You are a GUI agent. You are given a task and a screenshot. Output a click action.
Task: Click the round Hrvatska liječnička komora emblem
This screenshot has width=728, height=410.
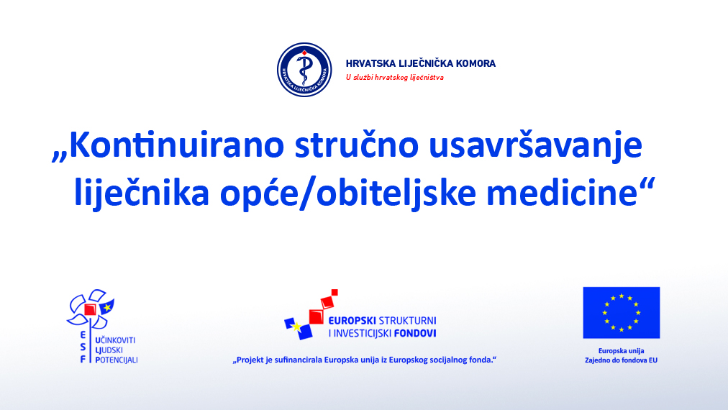click(x=304, y=70)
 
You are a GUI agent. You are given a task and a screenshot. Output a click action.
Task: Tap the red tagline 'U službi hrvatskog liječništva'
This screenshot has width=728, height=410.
click(x=395, y=78)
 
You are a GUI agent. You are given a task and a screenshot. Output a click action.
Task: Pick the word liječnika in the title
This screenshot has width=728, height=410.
click(x=142, y=193)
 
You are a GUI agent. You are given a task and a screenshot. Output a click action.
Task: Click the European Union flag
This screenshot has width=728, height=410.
click(x=622, y=312)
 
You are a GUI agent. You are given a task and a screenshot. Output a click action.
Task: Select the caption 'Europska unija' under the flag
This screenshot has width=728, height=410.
click(x=622, y=351)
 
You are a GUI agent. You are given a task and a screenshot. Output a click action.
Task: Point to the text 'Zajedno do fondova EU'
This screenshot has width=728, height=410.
click(x=622, y=360)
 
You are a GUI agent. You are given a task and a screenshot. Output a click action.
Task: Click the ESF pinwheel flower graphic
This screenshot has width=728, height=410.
click(x=91, y=309)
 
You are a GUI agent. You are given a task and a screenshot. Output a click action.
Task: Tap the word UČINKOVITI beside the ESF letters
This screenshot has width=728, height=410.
click(x=114, y=340)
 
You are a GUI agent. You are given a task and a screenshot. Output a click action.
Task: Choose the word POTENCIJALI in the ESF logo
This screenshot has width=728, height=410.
click(x=116, y=360)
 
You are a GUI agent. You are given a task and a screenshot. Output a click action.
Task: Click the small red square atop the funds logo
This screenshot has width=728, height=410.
click(x=335, y=292)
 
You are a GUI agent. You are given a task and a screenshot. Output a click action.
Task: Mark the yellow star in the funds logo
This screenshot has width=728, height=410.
click(x=296, y=327)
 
